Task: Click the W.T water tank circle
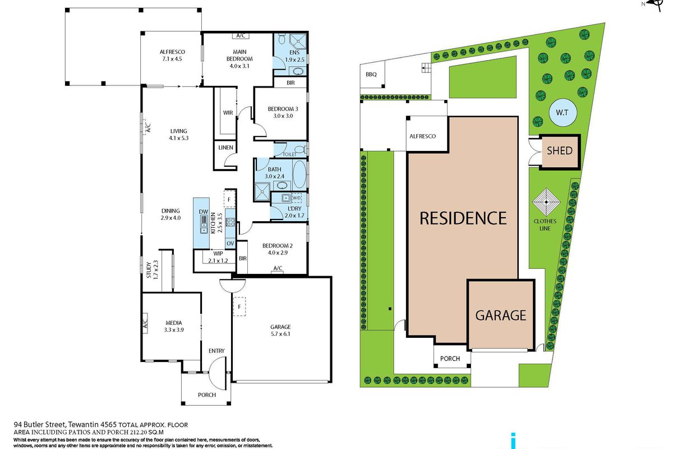coord(563,112)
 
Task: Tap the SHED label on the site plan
coord(560,150)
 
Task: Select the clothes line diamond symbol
coord(546,201)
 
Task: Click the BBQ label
coord(371,74)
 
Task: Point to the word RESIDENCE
coord(463,218)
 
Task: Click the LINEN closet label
coord(225,148)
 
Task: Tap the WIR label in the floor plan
coord(228,112)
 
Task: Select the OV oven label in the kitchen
coord(230,243)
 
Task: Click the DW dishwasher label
coord(204,212)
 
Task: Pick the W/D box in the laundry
coord(296,198)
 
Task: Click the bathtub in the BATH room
coord(299,174)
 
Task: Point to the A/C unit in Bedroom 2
coord(278,272)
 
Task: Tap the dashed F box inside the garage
coord(239,306)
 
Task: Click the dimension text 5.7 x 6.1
coord(280,334)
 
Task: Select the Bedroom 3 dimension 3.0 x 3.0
coord(283,116)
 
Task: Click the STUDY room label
coord(149,270)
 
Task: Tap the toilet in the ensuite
coord(282,39)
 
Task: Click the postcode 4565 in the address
coord(108,425)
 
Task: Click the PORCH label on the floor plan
coord(207,395)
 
